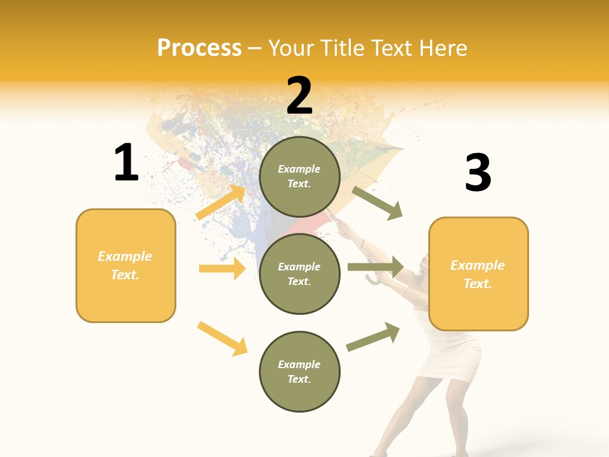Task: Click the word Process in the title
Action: (199, 48)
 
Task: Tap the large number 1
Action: (126, 162)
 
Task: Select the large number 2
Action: (299, 96)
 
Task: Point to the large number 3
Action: (478, 173)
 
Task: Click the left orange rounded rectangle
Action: (126, 265)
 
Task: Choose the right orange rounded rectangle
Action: (478, 274)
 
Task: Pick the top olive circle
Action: (299, 176)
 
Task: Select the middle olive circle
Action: (299, 274)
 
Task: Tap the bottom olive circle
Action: (299, 372)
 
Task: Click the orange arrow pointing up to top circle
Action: (221, 202)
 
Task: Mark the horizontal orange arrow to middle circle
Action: (222, 268)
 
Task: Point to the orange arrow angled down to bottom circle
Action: (222, 338)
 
